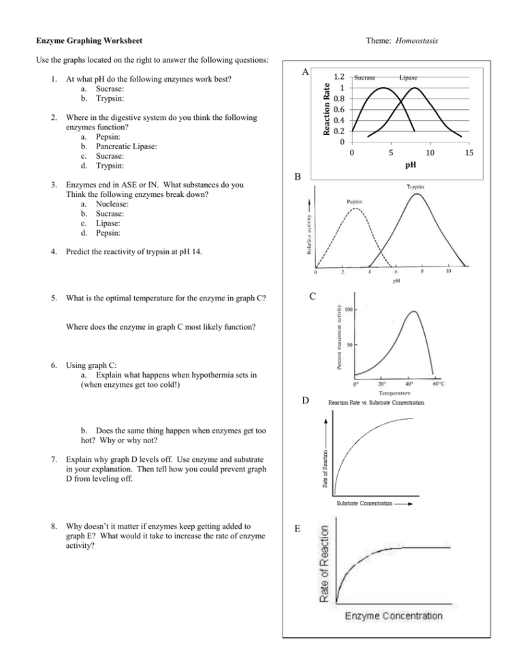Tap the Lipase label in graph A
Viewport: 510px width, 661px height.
tap(409, 78)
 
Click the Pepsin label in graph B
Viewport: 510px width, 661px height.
tap(353, 202)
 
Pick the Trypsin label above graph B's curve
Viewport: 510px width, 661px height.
tap(417, 187)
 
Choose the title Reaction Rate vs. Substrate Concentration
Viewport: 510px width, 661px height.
tap(376, 403)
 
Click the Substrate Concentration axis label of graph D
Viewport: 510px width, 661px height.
tap(366, 503)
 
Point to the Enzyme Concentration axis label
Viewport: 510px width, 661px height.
tap(393, 616)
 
